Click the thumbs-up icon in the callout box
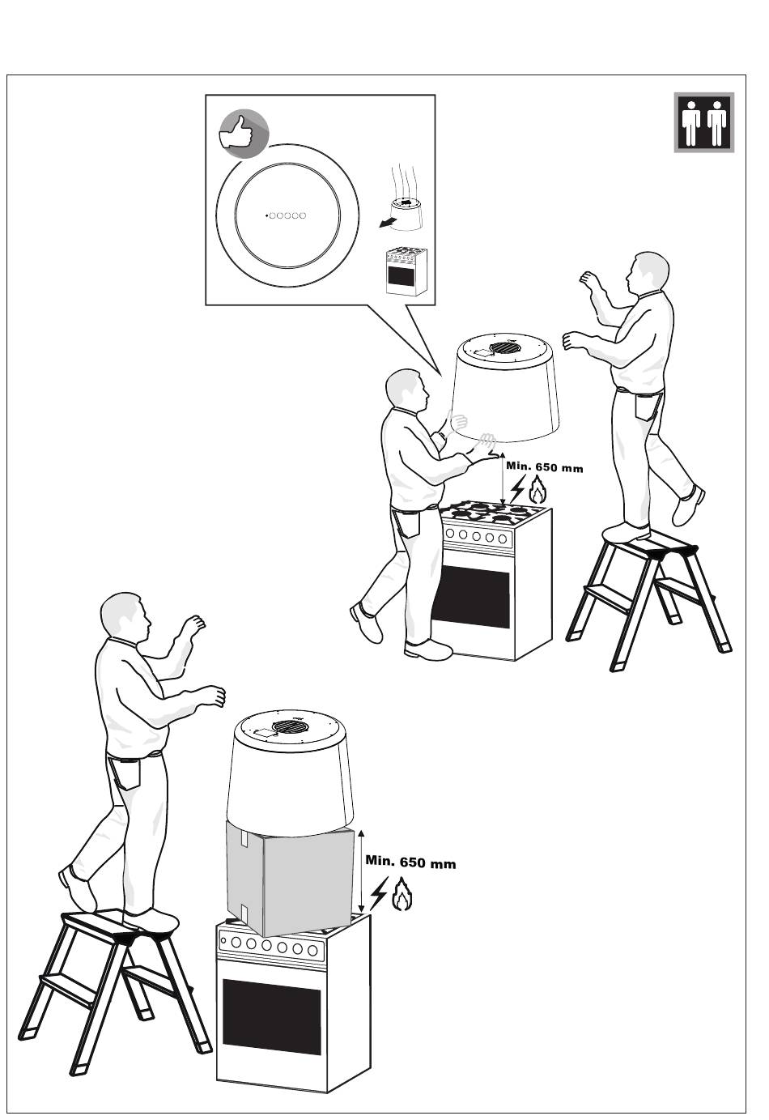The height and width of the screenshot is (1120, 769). click(x=244, y=132)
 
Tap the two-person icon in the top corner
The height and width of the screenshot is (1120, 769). click(x=704, y=122)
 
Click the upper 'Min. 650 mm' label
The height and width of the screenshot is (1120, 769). click(x=544, y=467)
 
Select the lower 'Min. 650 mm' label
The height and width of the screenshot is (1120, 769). click(x=410, y=862)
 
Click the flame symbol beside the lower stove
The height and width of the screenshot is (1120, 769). click(x=402, y=896)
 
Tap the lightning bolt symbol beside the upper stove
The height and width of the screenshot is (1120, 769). click(x=517, y=488)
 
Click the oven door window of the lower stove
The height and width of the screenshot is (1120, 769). click(x=271, y=1016)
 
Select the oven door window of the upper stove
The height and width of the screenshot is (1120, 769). click(x=470, y=599)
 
